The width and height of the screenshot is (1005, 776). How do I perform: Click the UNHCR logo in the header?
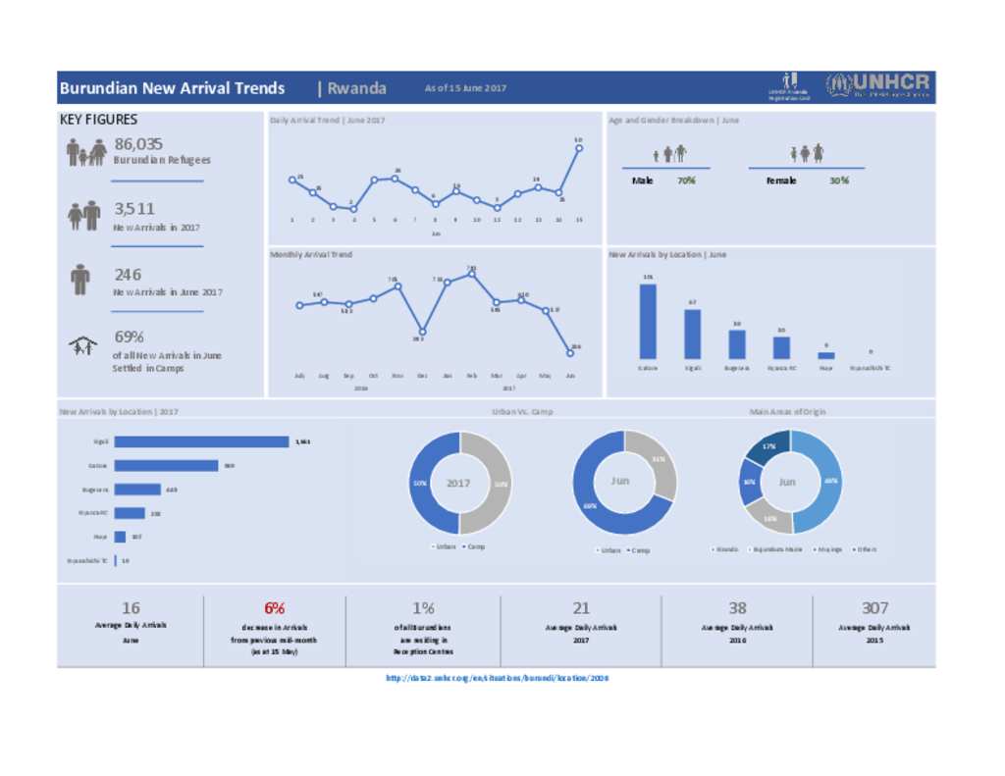pyautogui.click(x=877, y=86)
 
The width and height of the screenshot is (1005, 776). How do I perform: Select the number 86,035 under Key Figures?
pyautogui.click(x=138, y=144)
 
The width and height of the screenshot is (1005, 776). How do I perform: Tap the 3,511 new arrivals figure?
pyautogui.click(x=134, y=209)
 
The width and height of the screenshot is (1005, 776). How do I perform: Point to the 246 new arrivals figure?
pyautogui.click(x=128, y=275)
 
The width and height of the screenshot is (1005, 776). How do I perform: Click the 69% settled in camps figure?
pyautogui.click(x=130, y=336)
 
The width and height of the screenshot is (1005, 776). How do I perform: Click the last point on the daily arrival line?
pyautogui.click(x=579, y=148)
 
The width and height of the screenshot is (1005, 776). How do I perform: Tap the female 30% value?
pyautogui.click(x=838, y=181)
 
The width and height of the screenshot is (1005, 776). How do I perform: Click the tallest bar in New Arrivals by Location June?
pyautogui.click(x=648, y=321)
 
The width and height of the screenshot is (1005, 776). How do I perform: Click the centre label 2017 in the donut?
pyautogui.click(x=458, y=483)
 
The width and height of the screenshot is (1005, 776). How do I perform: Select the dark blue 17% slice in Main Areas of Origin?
pyautogui.click(x=767, y=448)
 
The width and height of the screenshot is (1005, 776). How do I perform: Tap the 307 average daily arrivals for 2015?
pyautogui.click(x=874, y=608)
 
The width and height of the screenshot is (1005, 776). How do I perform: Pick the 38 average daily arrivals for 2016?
pyautogui.click(x=737, y=608)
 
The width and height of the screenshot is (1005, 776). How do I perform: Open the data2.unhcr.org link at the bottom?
pyautogui.click(x=498, y=677)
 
